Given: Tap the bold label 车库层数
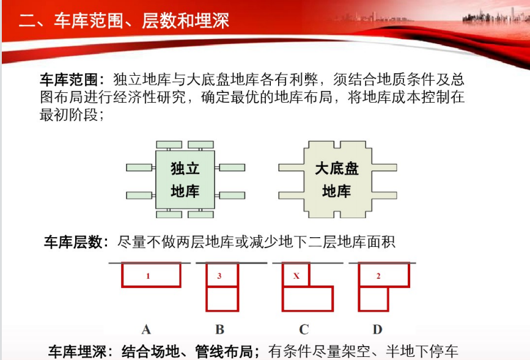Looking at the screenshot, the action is pyautogui.click(x=73, y=242).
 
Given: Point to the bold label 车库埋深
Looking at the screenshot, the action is pyautogui.click(x=78, y=351).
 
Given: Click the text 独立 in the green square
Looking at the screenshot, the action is pyautogui.click(x=185, y=168).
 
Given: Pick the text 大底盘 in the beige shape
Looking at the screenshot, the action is pyautogui.click(x=337, y=168).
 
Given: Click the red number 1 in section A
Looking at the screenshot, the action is pyautogui.click(x=148, y=276).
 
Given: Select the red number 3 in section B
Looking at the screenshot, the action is pyautogui.click(x=219, y=276).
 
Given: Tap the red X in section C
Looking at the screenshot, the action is pyautogui.click(x=296, y=276).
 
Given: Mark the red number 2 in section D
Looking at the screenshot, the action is pyautogui.click(x=378, y=276).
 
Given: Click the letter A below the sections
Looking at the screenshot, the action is pyautogui.click(x=146, y=329).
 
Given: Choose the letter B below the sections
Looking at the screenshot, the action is pyautogui.click(x=219, y=329).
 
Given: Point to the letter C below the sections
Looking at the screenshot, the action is pyautogui.click(x=304, y=329).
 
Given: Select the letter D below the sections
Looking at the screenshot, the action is pyautogui.click(x=378, y=329).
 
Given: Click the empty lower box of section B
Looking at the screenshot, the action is pyautogui.click(x=223, y=299).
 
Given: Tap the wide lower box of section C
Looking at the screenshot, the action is pyautogui.click(x=307, y=299).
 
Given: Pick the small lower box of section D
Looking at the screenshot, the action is pyautogui.click(x=374, y=299).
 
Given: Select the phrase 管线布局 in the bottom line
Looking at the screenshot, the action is pyautogui.click(x=224, y=351).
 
